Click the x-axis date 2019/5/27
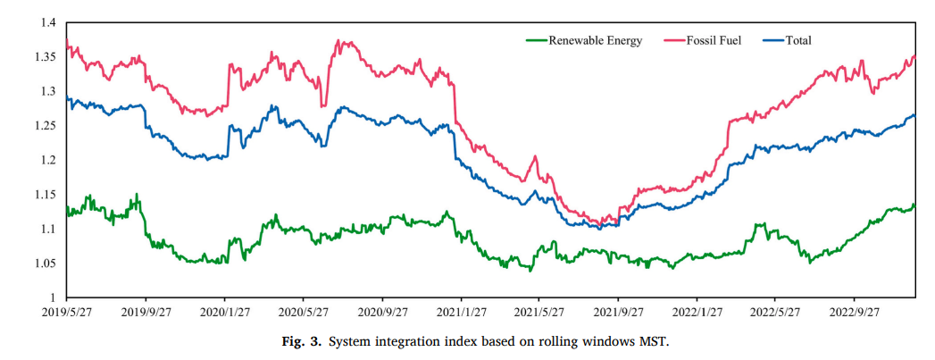pyautogui.click(x=68, y=312)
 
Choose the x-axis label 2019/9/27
pyautogui.click(x=146, y=312)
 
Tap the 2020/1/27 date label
pyautogui.click(x=225, y=312)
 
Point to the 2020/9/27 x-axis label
pyautogui.click(x=382, y=312)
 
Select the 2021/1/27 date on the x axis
pyautogui.click(x=461, y=312)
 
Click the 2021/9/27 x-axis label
pyautogui.click(x=618, y=312)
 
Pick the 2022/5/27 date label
pyautogui.click(x=775, y=312)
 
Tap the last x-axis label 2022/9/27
pyautogui.click(x=854, y=312)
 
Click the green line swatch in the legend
pyautogui.click(x=536, y=40)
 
